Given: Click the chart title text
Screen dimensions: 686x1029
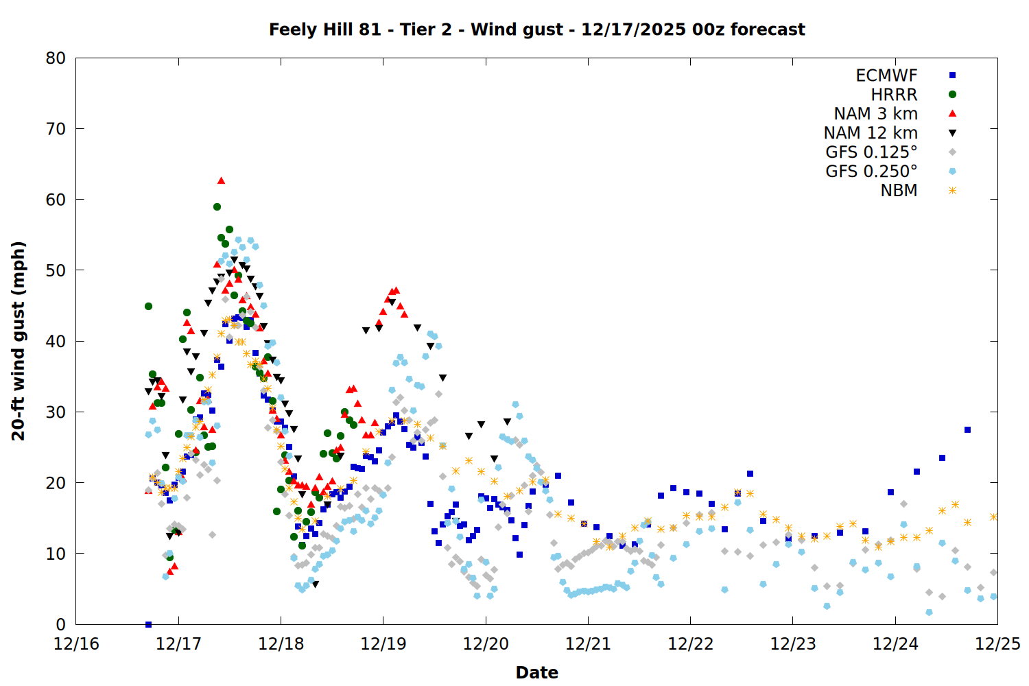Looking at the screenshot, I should point(536,29).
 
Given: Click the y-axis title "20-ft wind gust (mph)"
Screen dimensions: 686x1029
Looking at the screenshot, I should point(19,341).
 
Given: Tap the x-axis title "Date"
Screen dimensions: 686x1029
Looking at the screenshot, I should point(536,672).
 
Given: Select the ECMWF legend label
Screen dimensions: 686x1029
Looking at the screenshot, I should point(886,75).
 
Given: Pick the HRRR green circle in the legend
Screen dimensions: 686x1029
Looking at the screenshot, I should point(952,95).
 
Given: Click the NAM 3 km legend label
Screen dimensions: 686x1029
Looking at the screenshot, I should point(875,114).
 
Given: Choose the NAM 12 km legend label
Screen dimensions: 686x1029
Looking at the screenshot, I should point(871,133).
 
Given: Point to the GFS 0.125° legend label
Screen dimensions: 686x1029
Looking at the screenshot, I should point(871,152).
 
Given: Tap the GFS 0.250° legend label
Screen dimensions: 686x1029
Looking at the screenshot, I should point(871,171).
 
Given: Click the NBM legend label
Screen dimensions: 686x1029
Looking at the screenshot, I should point(899,191).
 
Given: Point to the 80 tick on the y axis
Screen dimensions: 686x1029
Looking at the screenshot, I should point(56,58).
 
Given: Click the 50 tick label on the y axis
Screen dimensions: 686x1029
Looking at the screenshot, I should point(56,270).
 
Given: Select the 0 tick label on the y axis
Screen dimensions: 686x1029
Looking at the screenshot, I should point(61,624).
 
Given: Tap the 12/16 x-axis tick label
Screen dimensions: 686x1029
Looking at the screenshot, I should point(76,644).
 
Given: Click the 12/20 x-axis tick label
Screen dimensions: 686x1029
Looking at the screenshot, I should point(486,644).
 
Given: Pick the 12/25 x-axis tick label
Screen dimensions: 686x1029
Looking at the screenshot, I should point(997,644).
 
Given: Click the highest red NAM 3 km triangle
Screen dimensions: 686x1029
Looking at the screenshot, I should point(221,180).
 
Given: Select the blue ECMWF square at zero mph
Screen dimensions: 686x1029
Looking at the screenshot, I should point(148,624).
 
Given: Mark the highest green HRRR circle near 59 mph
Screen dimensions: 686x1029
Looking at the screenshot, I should point(217,206).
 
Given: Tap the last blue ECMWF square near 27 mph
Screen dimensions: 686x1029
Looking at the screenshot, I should point(967,430).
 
